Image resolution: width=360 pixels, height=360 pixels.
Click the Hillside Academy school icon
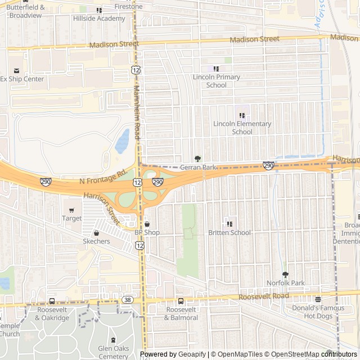(x=100, y=10)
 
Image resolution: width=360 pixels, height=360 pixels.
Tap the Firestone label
(x=128, y=7)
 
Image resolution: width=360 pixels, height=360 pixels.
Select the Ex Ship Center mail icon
(x=16, y=70)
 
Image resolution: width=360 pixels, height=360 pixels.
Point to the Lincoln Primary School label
(x=217, y=81)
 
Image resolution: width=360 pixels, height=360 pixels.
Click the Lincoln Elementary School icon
(x=242, y=115)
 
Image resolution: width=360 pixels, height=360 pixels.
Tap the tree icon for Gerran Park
(x=197, y=159)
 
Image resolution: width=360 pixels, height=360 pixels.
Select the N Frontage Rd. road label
(x=103, y=178)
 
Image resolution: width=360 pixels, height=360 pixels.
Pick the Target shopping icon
(x=71, y=210)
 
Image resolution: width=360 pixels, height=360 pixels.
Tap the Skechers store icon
(x=96, y=233)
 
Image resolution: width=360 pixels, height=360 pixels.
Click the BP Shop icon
(x=147, y=224)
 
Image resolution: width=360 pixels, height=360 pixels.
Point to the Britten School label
(x=229, y=232)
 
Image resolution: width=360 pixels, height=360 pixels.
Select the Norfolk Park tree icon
(x=285, y=274)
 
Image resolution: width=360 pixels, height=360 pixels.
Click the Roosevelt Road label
(x=263, y=296)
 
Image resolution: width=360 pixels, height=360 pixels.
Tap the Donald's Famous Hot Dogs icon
(x=318, y=299)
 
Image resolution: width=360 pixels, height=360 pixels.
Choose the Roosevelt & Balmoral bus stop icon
(x=181, y=301)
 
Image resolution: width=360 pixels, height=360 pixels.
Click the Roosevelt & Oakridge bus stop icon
(x=52, y=301)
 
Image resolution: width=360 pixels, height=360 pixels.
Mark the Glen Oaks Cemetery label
(x=113, y=352)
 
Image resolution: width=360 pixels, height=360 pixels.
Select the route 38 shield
(x=128, y=300)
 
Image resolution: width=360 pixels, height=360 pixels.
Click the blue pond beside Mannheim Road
(x=122, y=142)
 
